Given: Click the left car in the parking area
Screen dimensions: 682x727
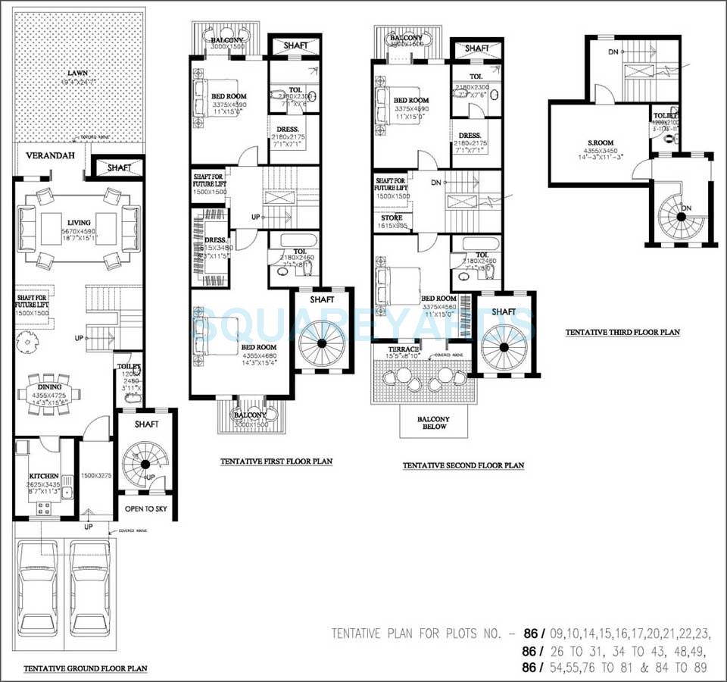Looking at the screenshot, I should click(x=39, y=590).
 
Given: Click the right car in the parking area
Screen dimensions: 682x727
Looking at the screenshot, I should click(x=90, y=590).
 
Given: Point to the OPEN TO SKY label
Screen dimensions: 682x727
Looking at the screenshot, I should click(x=146, y=508).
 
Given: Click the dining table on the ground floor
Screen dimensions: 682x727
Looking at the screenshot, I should click(x=50, y=396).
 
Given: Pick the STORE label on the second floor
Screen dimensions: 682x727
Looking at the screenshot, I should click(x=392, y=217).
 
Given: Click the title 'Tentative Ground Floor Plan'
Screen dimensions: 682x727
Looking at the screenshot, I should click(x=85, y=668).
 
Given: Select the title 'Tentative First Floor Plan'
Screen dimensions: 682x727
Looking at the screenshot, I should click(x=276, y=461).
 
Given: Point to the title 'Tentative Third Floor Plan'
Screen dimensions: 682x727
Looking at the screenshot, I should click(x=622, y=332).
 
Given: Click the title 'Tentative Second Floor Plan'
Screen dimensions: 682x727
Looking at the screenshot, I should click(x=463, y=465).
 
